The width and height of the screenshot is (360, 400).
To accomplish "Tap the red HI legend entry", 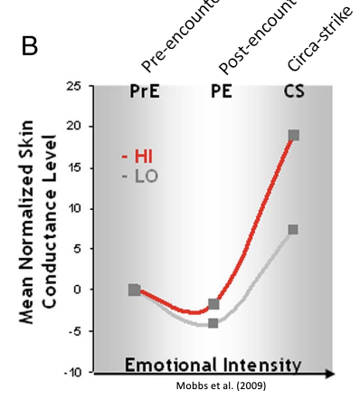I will point(138,156).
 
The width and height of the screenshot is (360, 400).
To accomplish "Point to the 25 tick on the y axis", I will point(74,87).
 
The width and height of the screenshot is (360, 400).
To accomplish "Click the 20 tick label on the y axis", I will point(74,127).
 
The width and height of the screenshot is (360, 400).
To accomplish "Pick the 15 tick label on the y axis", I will point(74,167).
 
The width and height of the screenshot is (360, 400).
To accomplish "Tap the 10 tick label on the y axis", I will point(74,208).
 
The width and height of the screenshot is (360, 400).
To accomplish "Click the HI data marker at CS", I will point(293,136).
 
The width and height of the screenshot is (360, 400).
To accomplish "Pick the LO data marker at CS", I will point(293,230).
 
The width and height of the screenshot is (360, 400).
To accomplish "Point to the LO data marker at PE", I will point(213,322).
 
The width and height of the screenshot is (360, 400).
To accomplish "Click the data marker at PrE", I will point(135,290).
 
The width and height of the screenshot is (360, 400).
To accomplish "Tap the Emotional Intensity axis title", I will point(213,365).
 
